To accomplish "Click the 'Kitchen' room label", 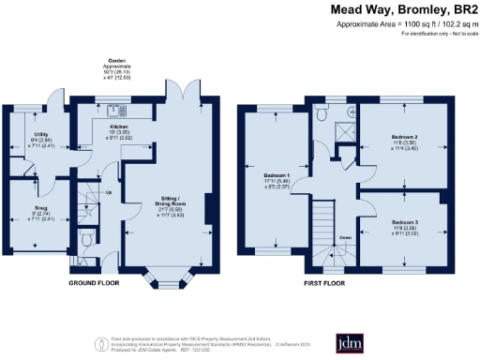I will point(119,126).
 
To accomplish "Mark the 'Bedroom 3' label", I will point(405,222).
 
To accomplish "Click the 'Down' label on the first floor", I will point(344,237).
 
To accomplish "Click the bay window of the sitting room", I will point(165,277).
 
